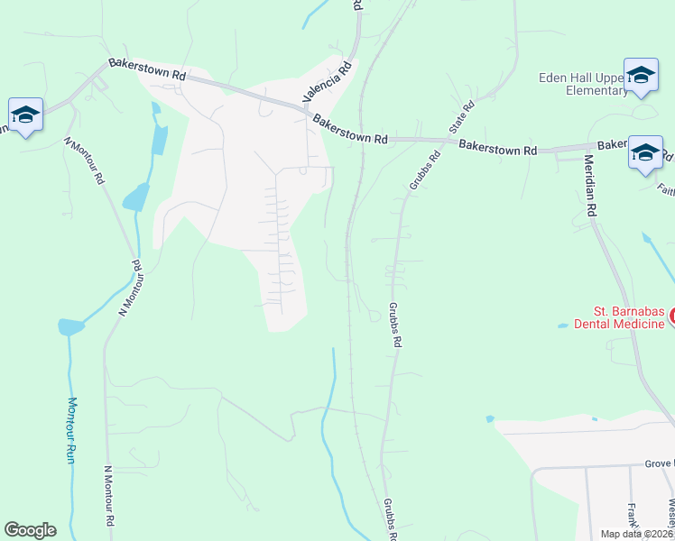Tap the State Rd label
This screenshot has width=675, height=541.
tap(462, 115)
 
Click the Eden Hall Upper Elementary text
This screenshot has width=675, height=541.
tap(583, 84)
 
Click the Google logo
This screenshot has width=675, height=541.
tap(30, 530)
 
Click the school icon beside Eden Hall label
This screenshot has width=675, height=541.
tap(641, 76)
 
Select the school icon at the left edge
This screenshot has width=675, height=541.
tap(26, 115)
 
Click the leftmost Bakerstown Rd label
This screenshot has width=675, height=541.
tap(146, 70)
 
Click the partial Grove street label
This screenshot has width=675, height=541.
tap(659, 463)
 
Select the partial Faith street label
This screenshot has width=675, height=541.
tap(666, 189)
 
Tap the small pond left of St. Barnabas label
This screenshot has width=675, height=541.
tap(564, 325)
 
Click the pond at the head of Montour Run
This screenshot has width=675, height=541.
tap(69, 326)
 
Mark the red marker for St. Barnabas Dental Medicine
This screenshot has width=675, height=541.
tap(670, 317)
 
